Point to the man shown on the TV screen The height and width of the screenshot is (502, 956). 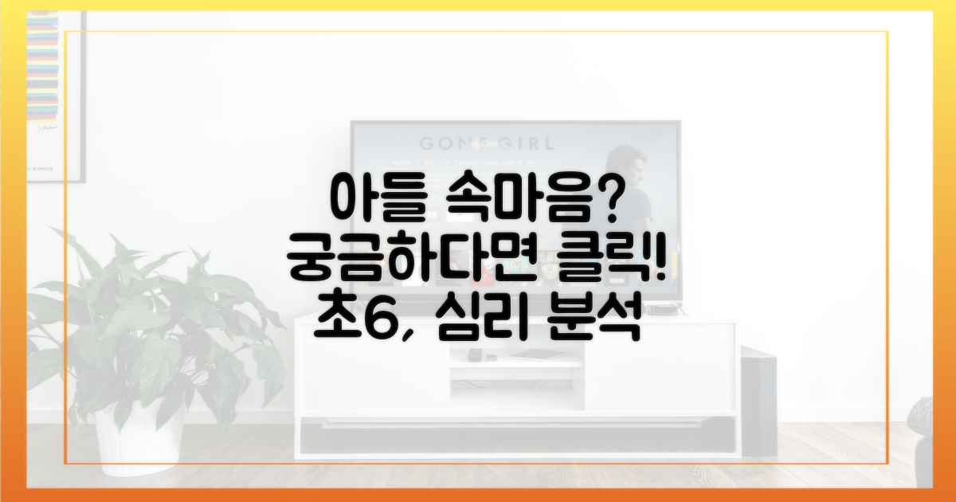click(628, 188)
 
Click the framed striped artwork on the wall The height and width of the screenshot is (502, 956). click(57, 97)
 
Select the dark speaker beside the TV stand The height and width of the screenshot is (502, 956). click(758, 402)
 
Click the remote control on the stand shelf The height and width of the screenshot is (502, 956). click(473, 354)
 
